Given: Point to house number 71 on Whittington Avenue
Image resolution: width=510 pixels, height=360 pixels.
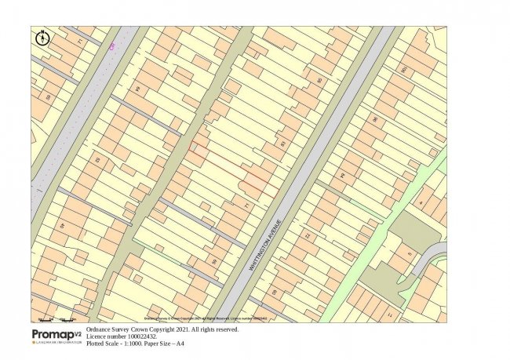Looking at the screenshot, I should [x=246, y=205].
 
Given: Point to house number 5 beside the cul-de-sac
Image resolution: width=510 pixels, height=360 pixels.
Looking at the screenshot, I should [x=410, y=255].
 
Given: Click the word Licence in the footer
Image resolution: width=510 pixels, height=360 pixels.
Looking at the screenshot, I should [x=97, y=336].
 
